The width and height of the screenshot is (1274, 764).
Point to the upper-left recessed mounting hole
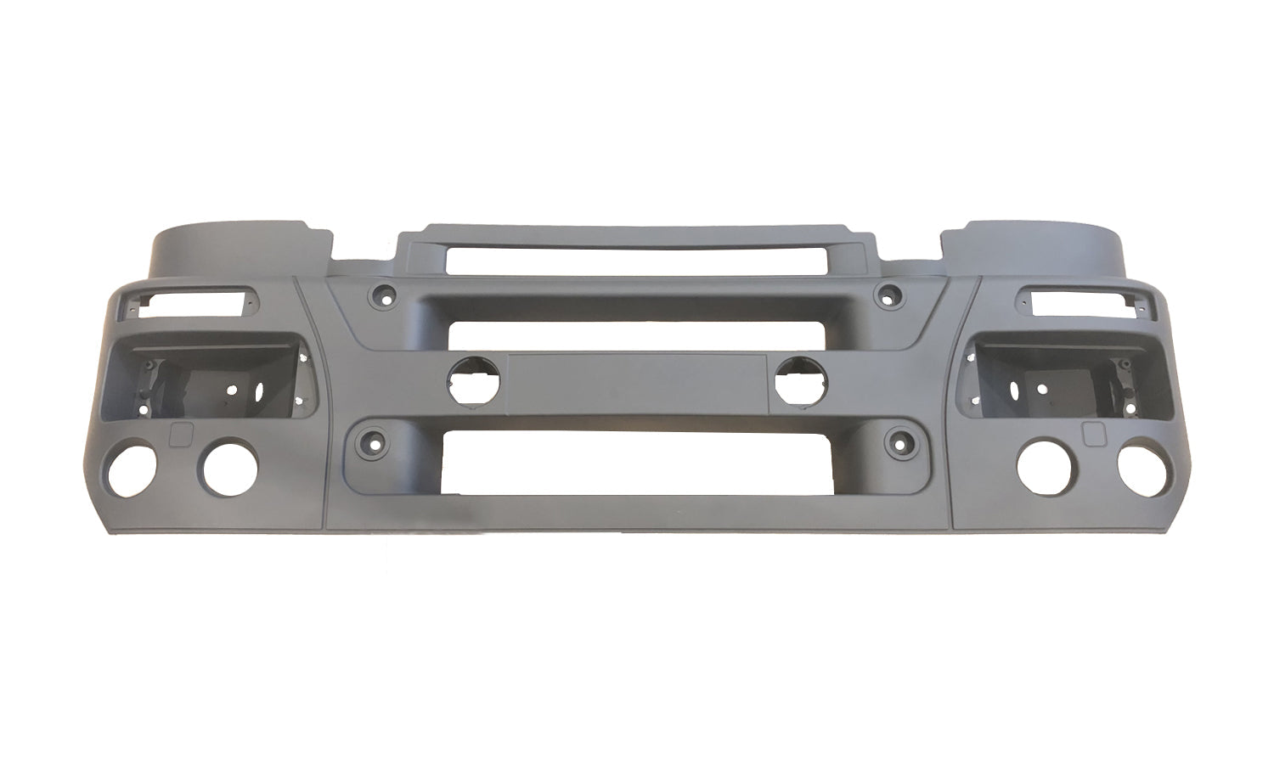pyautogui.click(x=380, y=296)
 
